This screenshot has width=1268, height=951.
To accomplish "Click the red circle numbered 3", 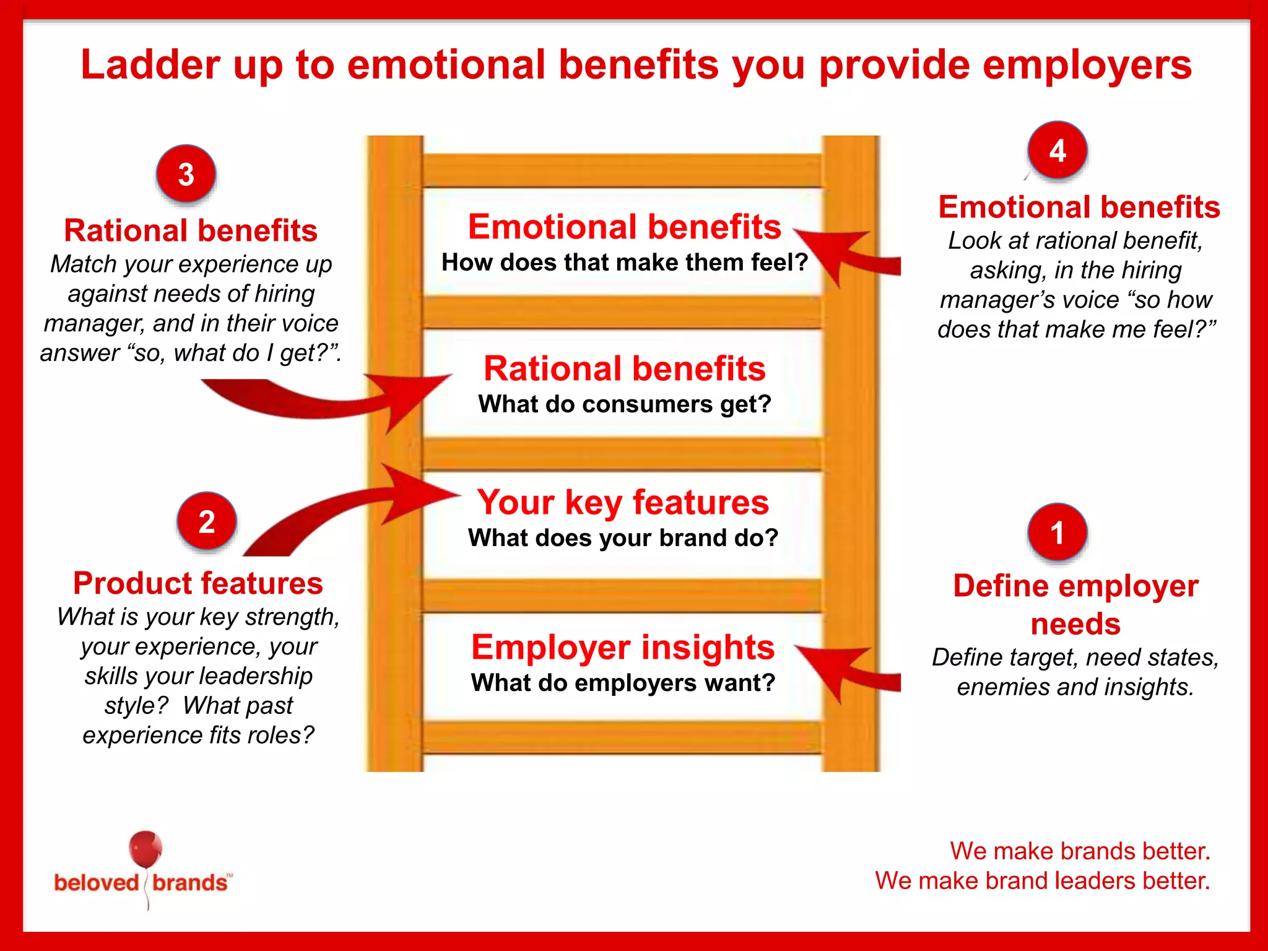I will (186, 174).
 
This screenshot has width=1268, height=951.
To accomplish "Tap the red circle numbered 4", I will (1057, 150).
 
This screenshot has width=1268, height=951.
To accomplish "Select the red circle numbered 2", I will (206, 521).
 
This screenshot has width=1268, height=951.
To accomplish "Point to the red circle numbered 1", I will (1057, 532).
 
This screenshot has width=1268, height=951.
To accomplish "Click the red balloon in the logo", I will (145, 849).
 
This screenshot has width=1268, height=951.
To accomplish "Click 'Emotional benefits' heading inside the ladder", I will (624, 227).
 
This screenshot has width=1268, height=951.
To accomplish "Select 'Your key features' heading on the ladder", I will (623, 502).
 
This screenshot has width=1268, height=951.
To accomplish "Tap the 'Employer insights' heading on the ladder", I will (623, 648).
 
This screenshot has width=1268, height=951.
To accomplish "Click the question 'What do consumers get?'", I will (624, 404).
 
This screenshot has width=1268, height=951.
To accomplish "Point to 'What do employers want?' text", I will (623, 683).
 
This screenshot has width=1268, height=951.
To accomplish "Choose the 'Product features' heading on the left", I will (198, 583).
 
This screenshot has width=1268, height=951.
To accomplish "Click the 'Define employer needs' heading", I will (1075, 604).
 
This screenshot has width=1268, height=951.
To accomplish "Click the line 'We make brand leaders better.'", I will (1042, 880).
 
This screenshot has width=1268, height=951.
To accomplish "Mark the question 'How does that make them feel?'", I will (624, 263).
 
